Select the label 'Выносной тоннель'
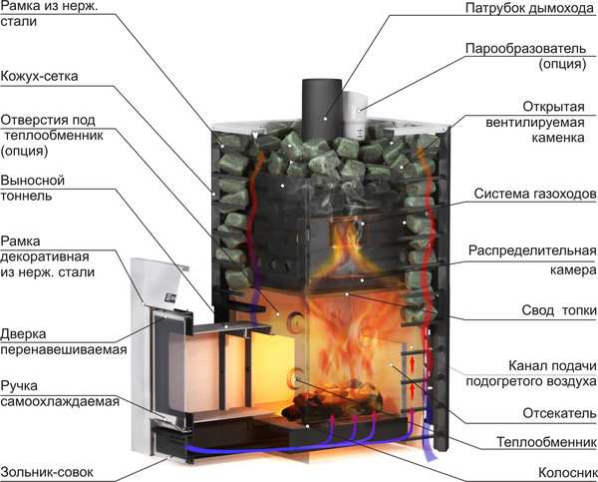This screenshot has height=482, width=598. coord(33,189)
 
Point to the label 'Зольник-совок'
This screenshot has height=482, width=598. coord(48,464)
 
